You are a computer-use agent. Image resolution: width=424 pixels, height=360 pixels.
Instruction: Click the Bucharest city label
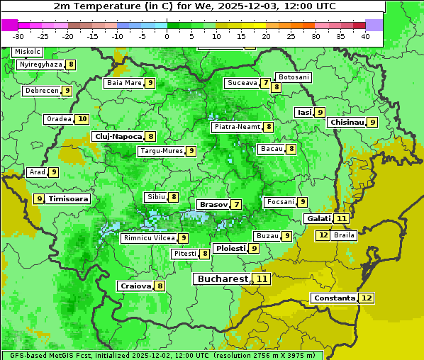click(x=221, y=279)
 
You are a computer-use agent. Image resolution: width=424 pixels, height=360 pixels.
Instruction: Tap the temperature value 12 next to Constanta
click(x=367, y=298)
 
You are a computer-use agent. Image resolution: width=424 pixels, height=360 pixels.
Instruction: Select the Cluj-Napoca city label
click(x=118, y=136)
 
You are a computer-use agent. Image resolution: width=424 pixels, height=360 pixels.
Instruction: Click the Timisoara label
click(x=69, y=199)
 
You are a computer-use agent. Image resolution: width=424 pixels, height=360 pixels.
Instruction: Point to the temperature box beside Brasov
click(x=235, y=205)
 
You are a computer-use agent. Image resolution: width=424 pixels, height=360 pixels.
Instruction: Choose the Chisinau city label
click(x=347, y=122)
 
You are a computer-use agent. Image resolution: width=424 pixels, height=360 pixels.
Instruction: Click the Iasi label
click(x=304, y=112)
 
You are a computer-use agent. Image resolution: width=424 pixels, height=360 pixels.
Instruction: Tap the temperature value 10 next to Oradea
click(x=83, y=119)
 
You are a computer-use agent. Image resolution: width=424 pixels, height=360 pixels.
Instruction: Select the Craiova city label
click(x=135, y=286)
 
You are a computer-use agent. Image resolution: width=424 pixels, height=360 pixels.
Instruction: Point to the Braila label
click(x=344, y=235)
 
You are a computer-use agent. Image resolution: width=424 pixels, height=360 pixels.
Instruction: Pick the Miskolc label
click(x=28, y=52)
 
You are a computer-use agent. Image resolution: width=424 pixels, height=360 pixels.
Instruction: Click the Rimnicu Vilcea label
click(x=148, y=238)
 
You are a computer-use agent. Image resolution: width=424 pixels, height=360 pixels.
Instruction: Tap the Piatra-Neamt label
click(x=237, y=127)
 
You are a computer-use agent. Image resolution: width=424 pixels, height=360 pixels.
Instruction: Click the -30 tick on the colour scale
click(x=18, y=35)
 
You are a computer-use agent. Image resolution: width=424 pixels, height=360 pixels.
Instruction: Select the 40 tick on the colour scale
click(x=365, y=35)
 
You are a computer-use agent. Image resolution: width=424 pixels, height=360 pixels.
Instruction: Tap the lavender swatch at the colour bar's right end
click(x=374, y=25)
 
